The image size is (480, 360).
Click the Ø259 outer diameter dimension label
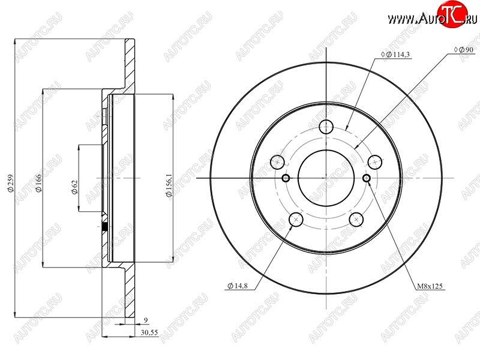pos(11,184)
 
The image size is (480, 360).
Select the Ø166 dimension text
pos(39,183)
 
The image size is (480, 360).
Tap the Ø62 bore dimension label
pos(74,187)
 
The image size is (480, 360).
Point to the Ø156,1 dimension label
pos(169,185)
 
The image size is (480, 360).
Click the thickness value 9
pos(146,320)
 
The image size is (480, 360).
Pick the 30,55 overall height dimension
pos(149,332)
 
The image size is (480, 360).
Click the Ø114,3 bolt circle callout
pos(395,55)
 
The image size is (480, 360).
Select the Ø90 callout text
pos(464,50)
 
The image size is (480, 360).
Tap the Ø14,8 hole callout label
pos(238,286)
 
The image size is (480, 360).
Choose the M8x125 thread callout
pos(430,286)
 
